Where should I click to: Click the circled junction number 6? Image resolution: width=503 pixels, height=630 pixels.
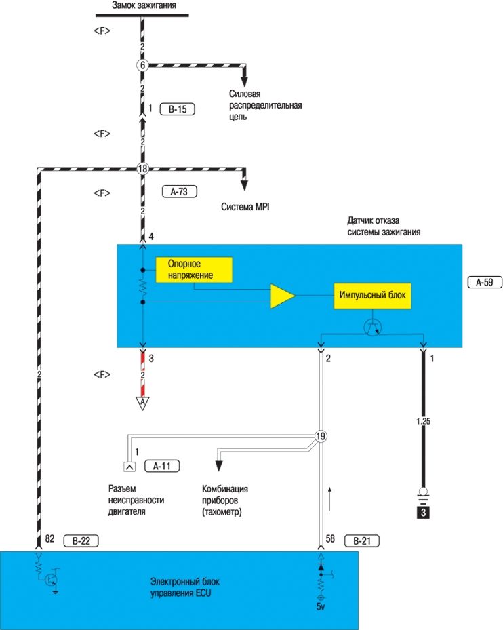point(142,65)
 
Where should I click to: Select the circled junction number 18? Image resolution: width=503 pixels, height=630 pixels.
point(142,170)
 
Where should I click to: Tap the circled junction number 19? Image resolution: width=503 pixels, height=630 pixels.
point(321,437)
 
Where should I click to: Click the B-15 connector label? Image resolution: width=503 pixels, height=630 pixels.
point(177,109)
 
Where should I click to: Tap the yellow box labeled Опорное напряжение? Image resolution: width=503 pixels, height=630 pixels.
point(194,269)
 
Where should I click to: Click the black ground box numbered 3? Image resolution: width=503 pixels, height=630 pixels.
point(423,513)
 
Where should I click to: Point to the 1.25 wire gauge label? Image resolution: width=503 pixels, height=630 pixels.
point(423,421)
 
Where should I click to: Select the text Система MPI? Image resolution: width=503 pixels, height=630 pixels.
point(246,207)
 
